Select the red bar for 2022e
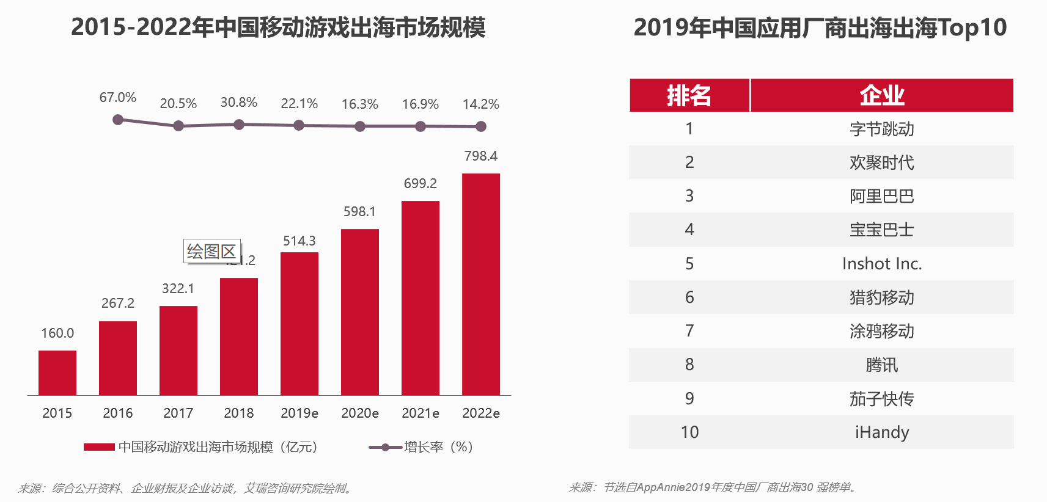480,284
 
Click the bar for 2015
57,373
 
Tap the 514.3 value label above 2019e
299,241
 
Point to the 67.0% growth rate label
117,98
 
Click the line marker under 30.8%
239,125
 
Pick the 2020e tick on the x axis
359,413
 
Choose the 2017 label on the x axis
178,413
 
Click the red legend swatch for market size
99,447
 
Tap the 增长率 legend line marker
385,447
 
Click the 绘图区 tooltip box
211,251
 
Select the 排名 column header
689,95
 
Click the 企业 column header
881,95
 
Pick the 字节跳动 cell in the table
881,129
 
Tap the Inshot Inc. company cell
881,264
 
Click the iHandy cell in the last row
881,432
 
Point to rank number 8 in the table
689,365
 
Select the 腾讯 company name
881,365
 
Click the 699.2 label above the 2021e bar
420,184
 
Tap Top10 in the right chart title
972,27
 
